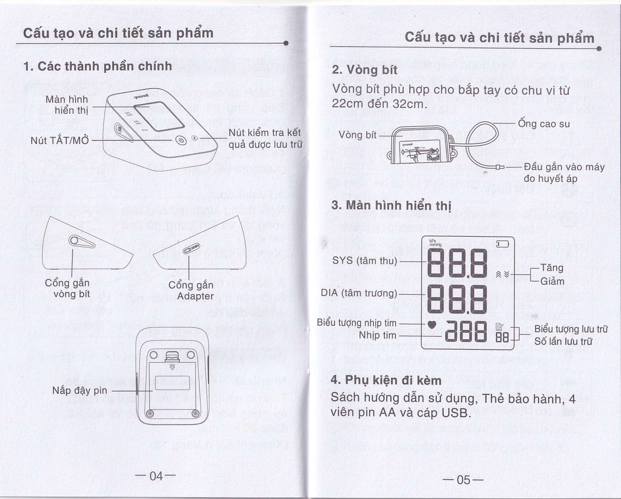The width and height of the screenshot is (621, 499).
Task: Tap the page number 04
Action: pos(156,476)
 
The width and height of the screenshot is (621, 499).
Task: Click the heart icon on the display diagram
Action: pos(432,325)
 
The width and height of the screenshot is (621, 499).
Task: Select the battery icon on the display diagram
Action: pos(503,245)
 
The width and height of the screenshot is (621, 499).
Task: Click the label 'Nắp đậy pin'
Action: pos(80,391)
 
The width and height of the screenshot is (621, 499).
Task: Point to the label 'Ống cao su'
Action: pos(544,124)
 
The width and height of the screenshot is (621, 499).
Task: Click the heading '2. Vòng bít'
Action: pos(364,70)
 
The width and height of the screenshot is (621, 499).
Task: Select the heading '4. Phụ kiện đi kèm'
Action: pos(386,380)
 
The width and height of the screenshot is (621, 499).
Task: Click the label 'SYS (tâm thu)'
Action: pos(364,261)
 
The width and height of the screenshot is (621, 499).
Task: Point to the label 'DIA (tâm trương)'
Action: pos(359,293)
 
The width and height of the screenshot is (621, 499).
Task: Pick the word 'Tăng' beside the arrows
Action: pos(552,268)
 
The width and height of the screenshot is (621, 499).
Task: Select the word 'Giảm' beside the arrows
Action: pos(552,281)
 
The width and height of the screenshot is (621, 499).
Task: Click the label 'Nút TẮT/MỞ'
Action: pos(60,141)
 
